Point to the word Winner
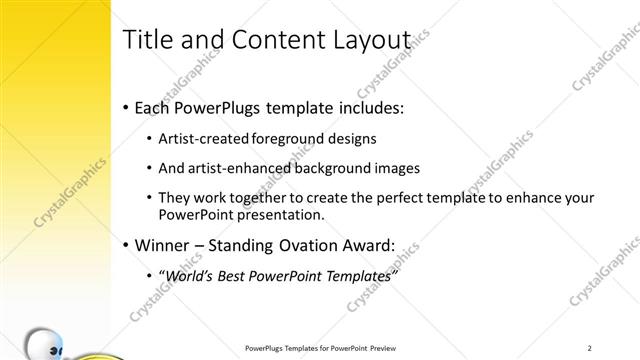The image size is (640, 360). coord(162,245)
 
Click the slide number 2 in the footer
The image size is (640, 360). coord(590,348)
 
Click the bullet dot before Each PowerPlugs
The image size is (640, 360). coord(124,107)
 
